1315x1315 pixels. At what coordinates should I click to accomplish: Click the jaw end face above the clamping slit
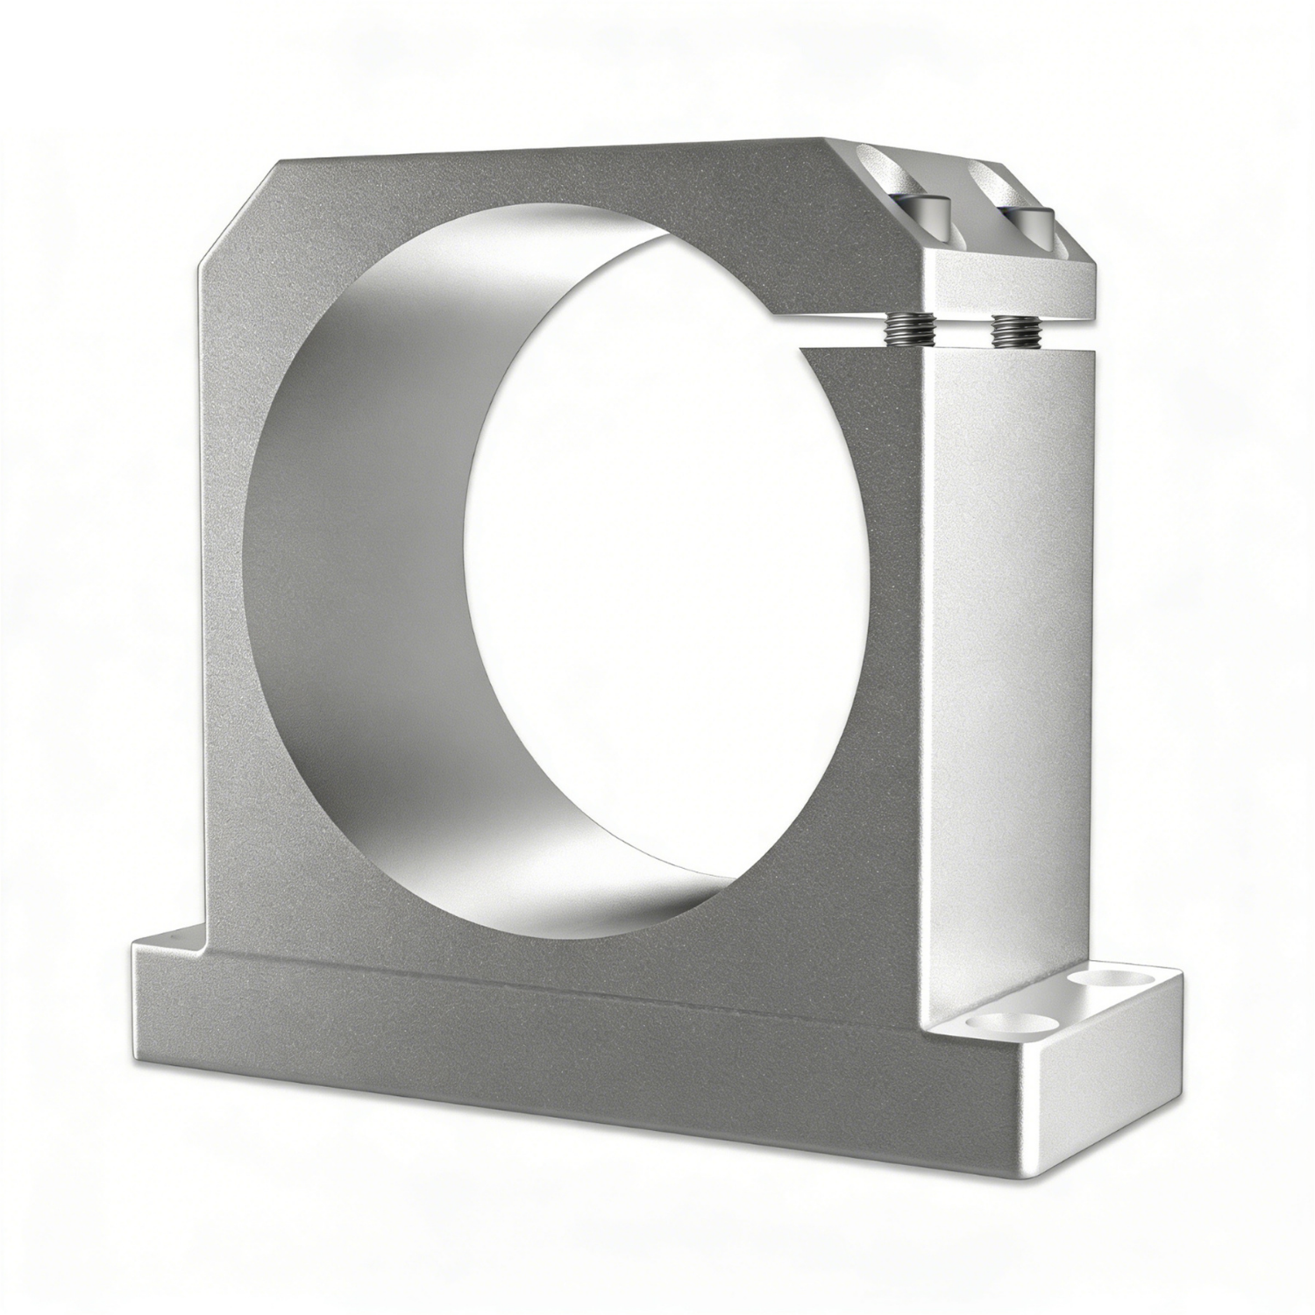pos(1008,285)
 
